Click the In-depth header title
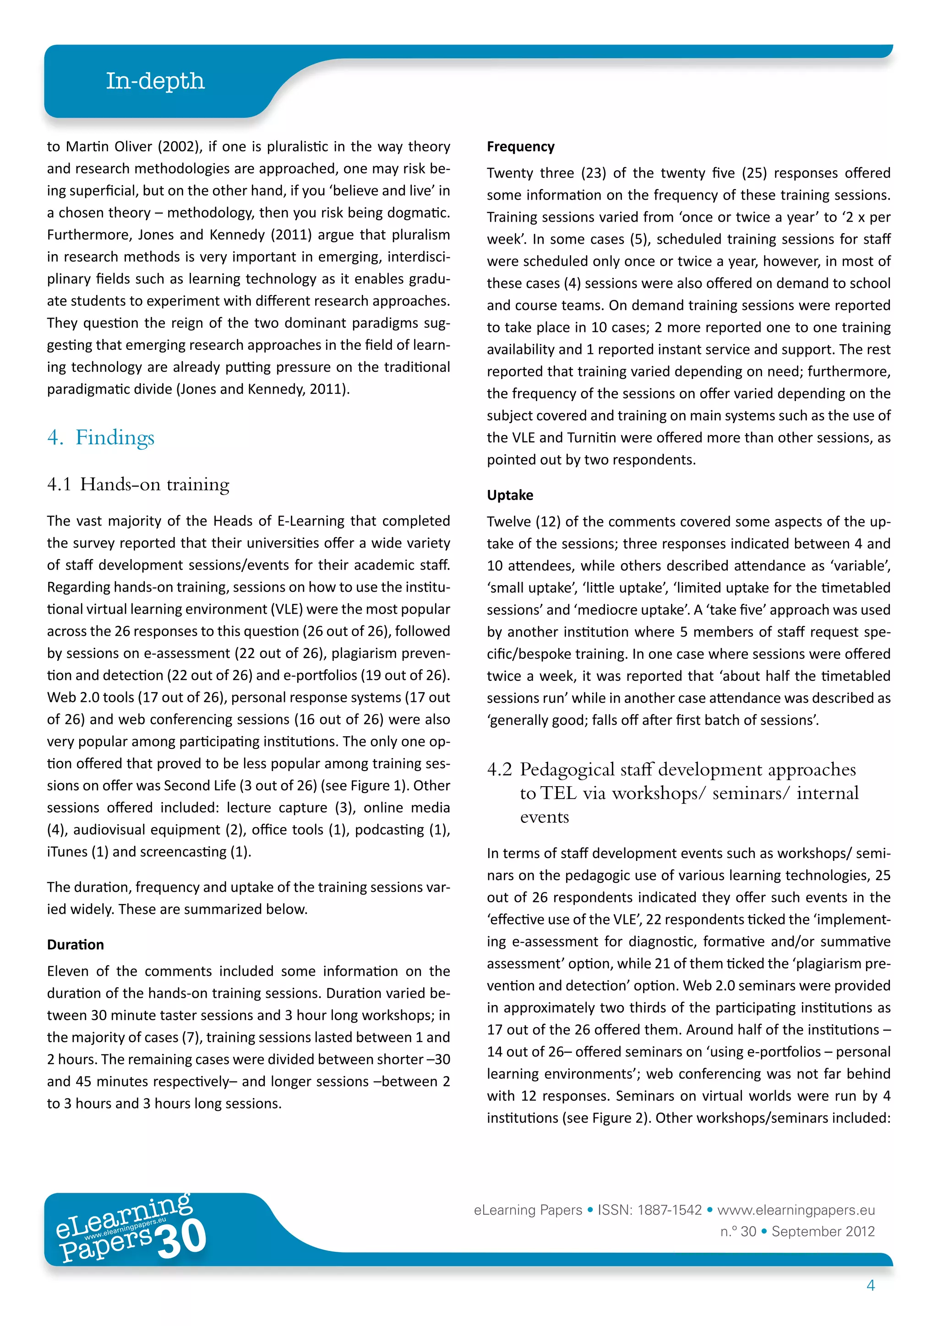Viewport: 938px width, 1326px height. [155, 81]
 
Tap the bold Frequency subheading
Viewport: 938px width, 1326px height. [520, 147]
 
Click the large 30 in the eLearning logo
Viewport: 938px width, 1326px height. [181, 1239]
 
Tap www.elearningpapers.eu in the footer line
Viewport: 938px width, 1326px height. [796, 1210]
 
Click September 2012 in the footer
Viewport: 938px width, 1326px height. [823, 1231]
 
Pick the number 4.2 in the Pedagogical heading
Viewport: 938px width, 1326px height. [499, 769]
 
